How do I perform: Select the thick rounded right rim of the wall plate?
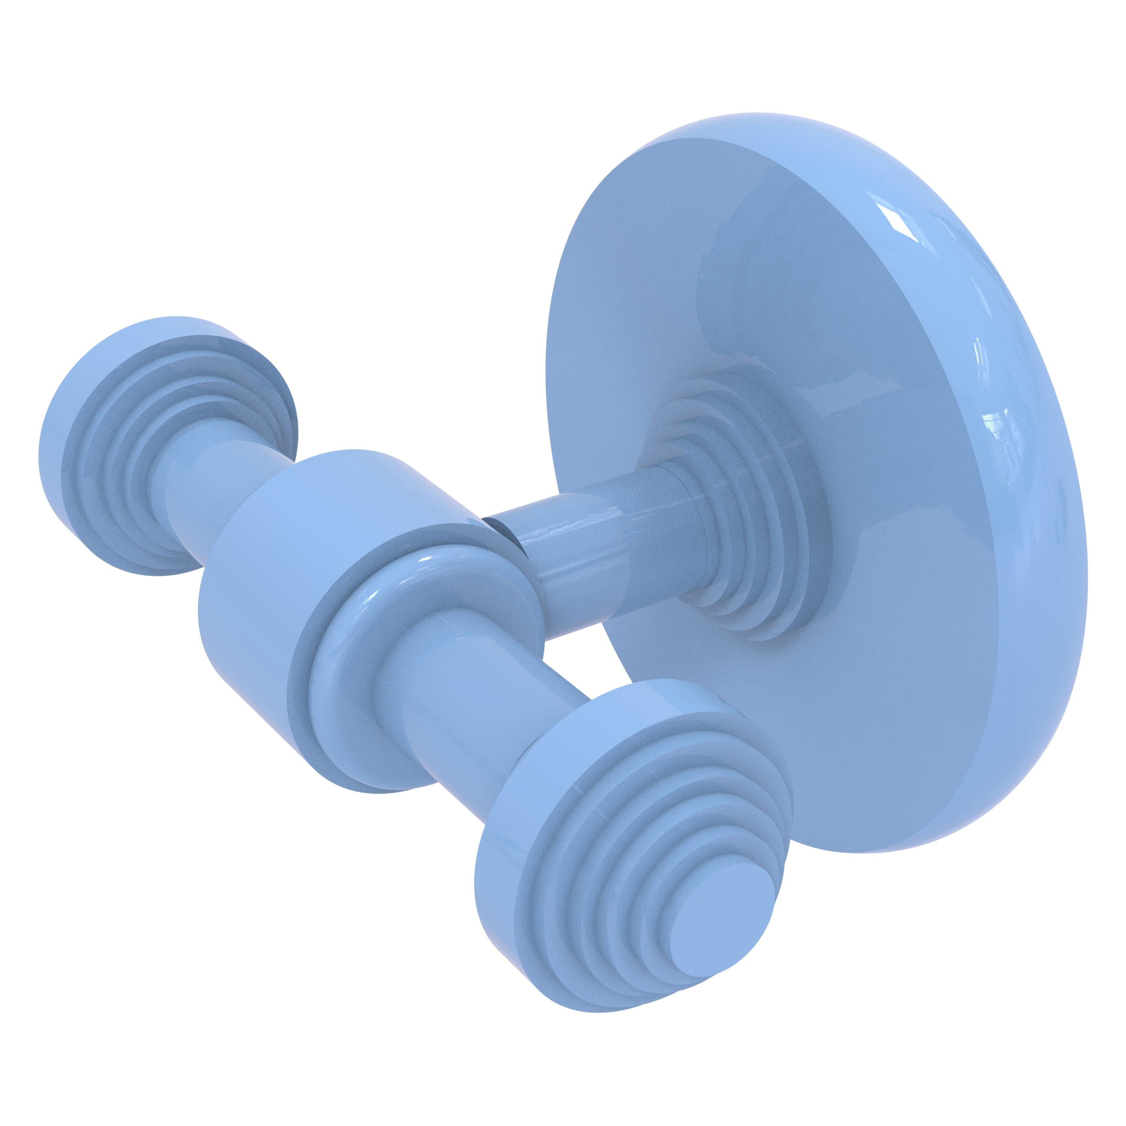click(1049, 525)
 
